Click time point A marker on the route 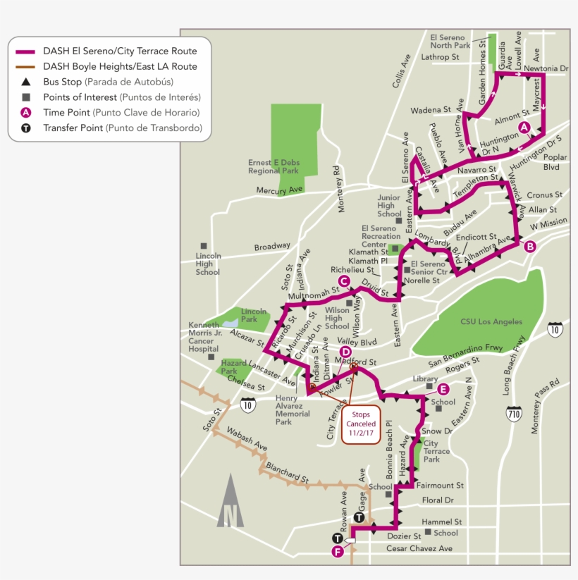tap(524, 127)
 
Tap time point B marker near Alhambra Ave tap(530, 246)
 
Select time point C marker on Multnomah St tap(344, 281)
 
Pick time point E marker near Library tap(443, 389)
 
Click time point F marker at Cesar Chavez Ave tap(338, 552)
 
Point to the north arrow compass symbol tap(230, 501)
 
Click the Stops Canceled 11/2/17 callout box tap(361, 424)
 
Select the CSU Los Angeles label tap(491, 322)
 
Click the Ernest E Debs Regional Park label tap(273, 166)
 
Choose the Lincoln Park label tap(254, 315)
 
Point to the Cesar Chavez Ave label tap(419, 548)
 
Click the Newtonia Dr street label tap(546, 68)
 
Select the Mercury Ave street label tap(279, 190)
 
